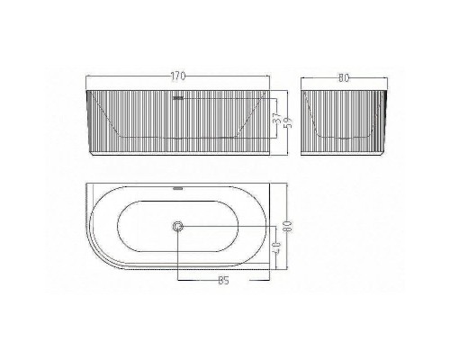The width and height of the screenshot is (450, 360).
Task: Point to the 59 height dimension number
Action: coord(288,119)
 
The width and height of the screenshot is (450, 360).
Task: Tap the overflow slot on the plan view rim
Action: coord(178,189)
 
